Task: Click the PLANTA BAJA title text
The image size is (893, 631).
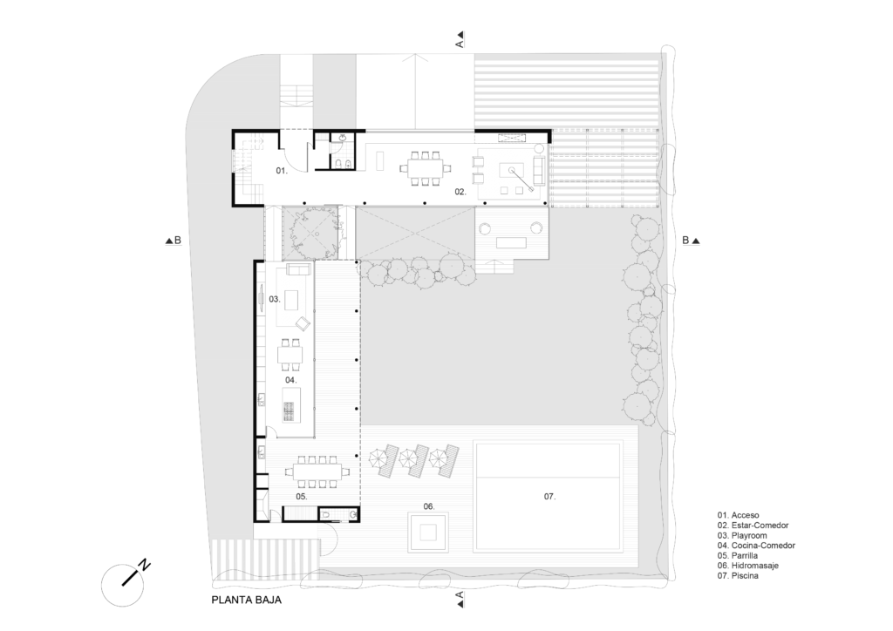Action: (x=246, y=600)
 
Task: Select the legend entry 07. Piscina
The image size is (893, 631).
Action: (x=738, y=576)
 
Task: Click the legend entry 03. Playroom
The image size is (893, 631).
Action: (x=742, y=535)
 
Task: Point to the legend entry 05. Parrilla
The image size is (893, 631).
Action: (x=738, y=555)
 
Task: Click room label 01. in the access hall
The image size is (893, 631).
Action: (x=282, y=170)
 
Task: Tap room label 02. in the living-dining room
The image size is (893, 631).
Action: (x=460, y=192)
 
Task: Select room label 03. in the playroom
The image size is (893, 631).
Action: (x=275, y=299)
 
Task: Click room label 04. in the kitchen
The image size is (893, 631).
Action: (x=290, y=379)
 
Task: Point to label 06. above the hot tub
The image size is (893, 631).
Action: (x=429, y=505)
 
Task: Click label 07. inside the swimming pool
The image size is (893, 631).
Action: (x=549, y=497)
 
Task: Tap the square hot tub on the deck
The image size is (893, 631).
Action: (x=428, y=533)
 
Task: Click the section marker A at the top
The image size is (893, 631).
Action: (x=460, y=39)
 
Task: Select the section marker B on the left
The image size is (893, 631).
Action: (x=174, y=240)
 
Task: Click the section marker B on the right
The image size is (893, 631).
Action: (x=691, y=240)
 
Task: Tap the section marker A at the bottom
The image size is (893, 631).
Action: (x=460, y=599)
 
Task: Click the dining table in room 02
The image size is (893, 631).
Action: (x=426, y=168)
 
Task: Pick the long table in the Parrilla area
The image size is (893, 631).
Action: (x=317, y=472)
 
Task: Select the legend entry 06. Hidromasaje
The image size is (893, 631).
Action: (x=747, y=566)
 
